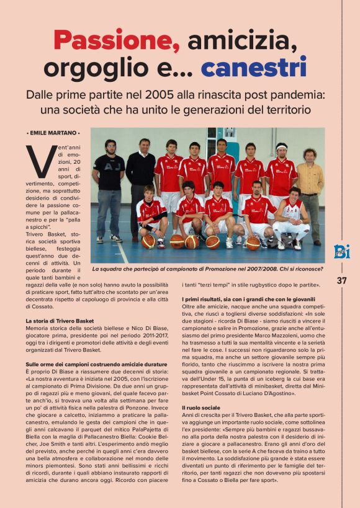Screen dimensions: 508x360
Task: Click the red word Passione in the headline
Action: tap(116, 42)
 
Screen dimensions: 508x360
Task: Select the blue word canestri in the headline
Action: tap(254, 68)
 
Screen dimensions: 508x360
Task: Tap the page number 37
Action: tap(341, 280)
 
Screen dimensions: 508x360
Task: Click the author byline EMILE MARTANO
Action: tap(53, 133)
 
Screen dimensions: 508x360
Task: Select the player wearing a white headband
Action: tap(281, 177)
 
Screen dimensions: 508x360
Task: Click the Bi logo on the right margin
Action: tap(341, 252)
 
